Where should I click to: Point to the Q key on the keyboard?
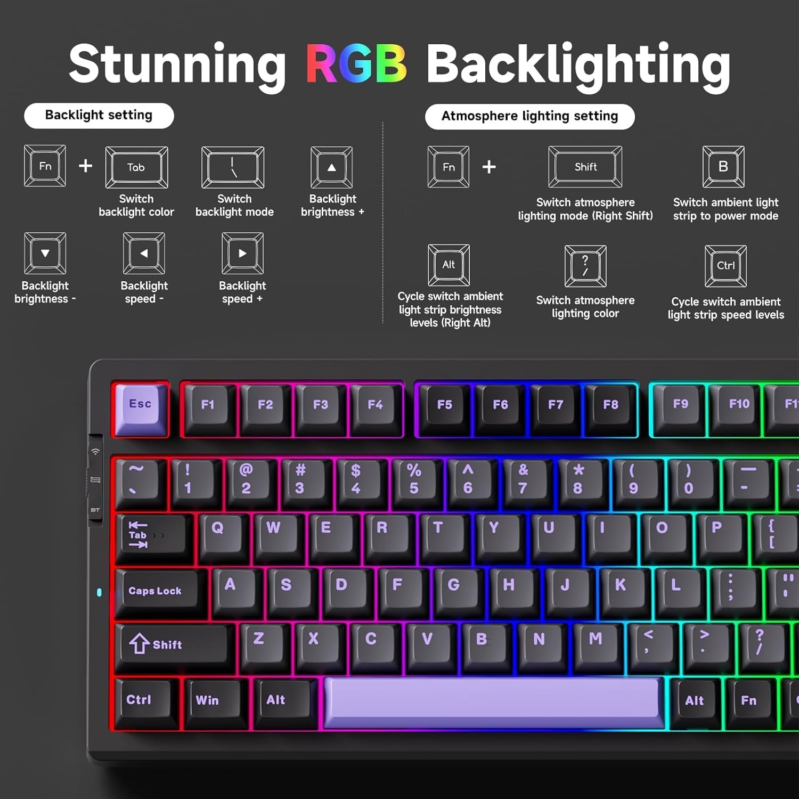(218, 531)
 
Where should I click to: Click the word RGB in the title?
(356, 64)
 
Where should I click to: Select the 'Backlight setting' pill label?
(99, 116)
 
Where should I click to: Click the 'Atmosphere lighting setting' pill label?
(529, 117)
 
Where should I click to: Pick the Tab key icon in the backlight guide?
(136, 167)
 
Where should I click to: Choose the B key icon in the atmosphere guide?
(723, 167)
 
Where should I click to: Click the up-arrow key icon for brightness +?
(331, 167)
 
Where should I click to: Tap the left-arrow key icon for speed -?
(144, 254)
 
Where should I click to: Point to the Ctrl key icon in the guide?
(725, 266)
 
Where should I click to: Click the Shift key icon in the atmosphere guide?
(585, 167)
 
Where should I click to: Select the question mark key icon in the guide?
(585, 266)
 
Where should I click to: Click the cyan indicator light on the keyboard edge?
(99, 592)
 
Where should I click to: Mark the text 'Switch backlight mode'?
(234, 206)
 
